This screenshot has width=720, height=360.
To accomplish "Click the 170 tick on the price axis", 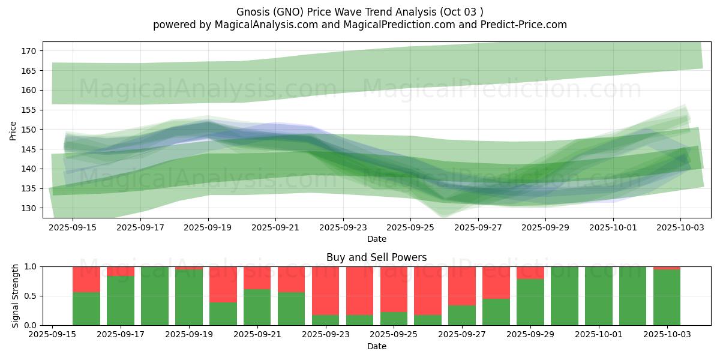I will (x=29, y=51).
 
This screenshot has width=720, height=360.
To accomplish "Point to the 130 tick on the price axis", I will (x=29, y=208).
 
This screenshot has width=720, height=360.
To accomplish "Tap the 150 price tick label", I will (x=29, y=130).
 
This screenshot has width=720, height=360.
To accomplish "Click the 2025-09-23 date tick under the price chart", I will (x=343, y=227).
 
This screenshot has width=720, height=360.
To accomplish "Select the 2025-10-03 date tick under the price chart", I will (x=680, y=227).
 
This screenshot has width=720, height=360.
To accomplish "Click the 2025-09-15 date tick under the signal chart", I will (x=52, y=335).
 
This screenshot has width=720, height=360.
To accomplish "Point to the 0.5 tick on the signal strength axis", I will (x=31, y=296).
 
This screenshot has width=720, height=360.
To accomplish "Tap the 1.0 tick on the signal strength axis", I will (x=31, y=266).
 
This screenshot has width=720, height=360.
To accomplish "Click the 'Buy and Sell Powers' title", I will (x=376, y=257).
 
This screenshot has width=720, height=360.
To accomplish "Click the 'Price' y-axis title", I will (x=13, y=130).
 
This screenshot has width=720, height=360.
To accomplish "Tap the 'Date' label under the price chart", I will (x=376, y=239).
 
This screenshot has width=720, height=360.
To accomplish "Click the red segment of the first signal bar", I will (x=86, y=279).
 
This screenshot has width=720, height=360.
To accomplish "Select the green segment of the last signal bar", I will (x=667, y=298).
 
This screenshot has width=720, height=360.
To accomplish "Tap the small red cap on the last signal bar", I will (x=667, y=268).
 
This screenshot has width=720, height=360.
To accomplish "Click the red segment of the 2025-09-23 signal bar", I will (x=326, y=290).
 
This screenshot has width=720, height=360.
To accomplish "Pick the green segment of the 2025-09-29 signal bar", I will (x=530, y=303).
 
